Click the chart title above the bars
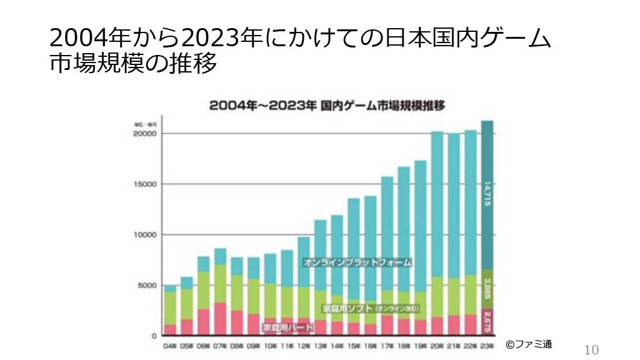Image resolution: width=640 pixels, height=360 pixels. (327, 106)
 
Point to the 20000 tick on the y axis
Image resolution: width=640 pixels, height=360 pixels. (147, 134)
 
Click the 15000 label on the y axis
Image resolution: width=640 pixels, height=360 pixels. (147, 184)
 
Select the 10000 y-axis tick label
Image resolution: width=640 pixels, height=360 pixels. (147, 235)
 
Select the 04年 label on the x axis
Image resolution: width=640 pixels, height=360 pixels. (169, 345)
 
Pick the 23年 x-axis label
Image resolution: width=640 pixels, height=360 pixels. (487, 345)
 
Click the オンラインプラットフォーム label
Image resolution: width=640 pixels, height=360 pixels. (357, 262)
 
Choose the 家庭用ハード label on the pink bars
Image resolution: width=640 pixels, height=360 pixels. (287, 327)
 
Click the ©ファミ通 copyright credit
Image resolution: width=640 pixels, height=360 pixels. (529, 344)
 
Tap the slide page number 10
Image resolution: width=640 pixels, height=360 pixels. (591, 350)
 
